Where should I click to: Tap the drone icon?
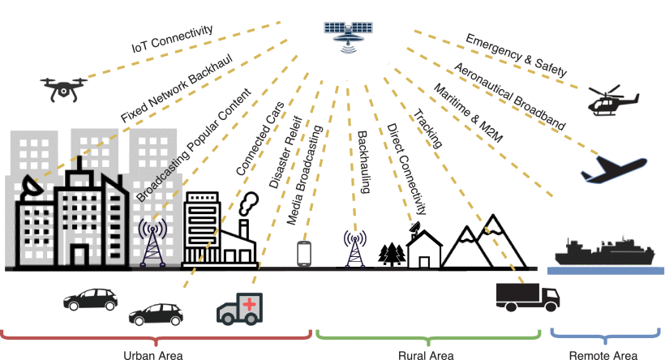62,87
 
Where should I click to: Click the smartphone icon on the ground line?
304,254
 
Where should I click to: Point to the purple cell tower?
152,242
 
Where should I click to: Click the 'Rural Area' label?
425,354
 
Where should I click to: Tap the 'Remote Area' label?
603,354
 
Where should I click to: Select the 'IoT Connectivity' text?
172,40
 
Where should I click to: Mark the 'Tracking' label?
429,130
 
